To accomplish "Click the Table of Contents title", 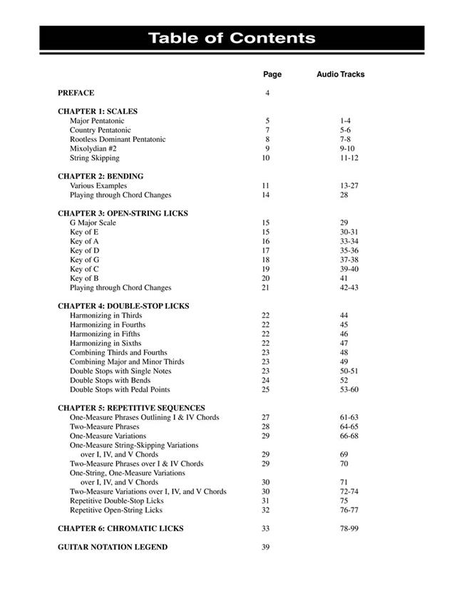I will pos(231,38).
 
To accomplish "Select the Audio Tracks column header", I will pos(340,74).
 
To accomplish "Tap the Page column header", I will pos(272,74).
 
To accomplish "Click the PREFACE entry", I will pos(76,93).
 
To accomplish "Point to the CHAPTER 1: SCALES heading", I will pos(98,111).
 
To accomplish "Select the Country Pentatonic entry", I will pos(100,130).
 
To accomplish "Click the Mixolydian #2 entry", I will pos(93,149).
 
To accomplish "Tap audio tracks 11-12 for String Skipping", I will pos(349,158).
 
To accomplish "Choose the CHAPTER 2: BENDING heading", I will pos(101,176).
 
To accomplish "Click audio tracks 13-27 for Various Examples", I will pos(349,186).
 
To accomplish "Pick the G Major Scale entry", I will pos(93,223).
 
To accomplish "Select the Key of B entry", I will pos(84,279).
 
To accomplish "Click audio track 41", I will pos(344,279).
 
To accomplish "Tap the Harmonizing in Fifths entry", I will pos(105,334).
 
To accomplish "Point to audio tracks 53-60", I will pos(349,390).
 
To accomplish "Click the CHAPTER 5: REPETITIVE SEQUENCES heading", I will pos(131,409).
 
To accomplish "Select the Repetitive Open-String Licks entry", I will pos(115,510).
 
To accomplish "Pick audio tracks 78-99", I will pos(349,529).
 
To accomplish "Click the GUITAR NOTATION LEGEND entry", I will pos(113,548).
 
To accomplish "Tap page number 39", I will pos(266,548).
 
